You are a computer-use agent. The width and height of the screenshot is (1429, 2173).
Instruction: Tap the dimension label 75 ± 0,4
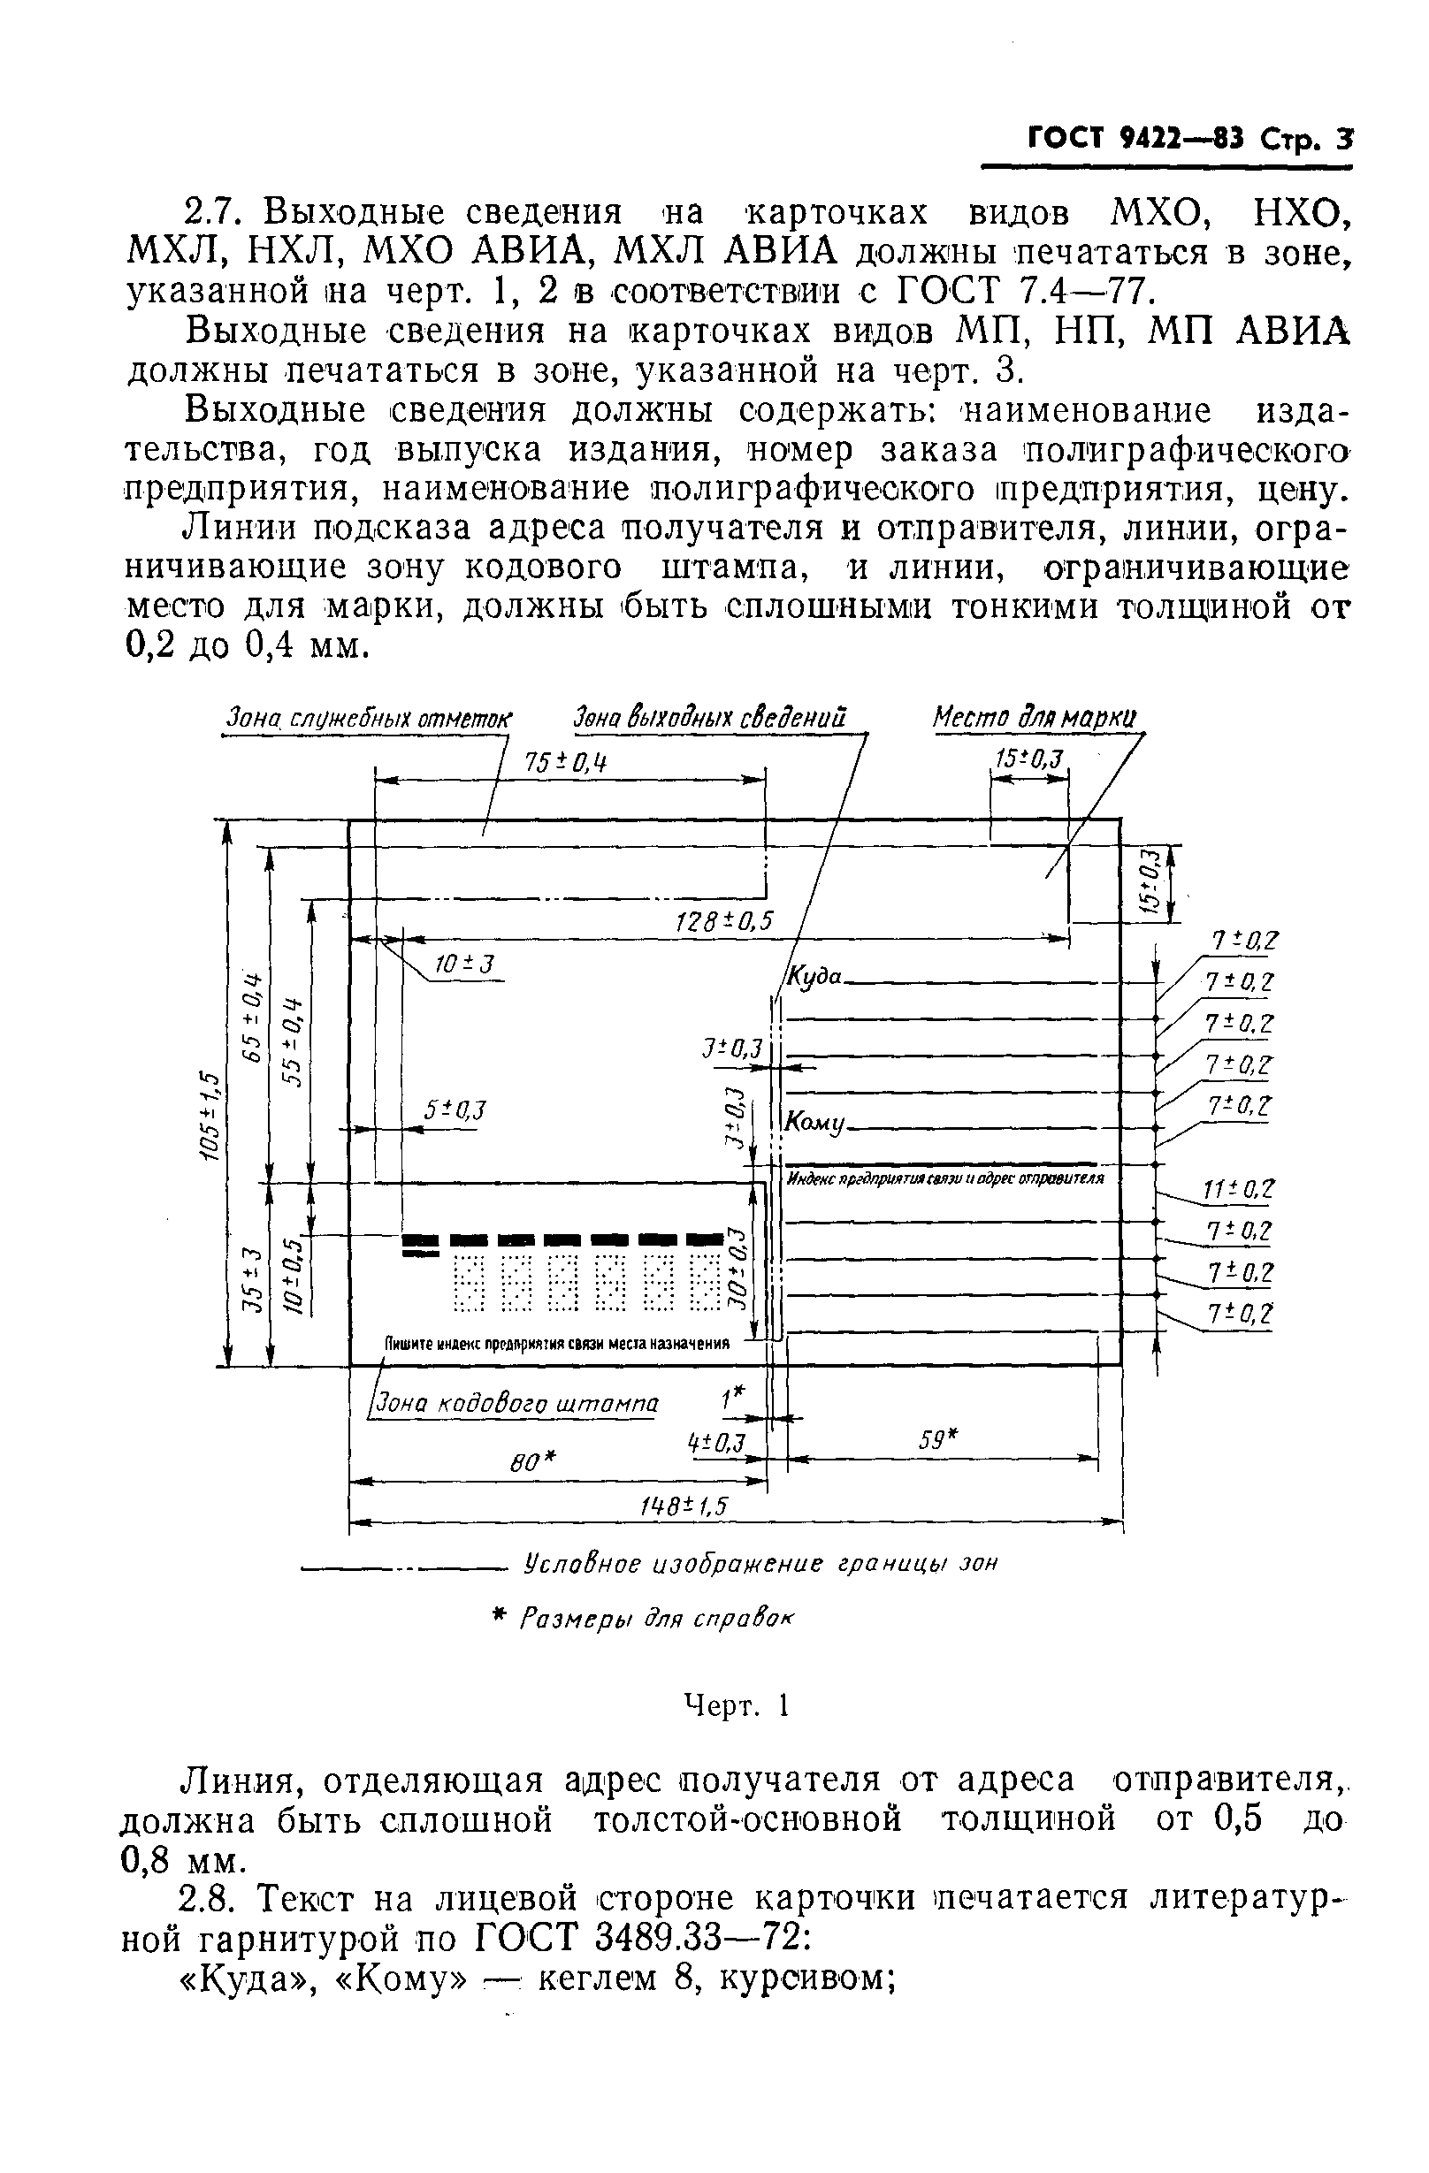point(566,761)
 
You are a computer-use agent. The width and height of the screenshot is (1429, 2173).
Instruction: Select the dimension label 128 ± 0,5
point(724,921)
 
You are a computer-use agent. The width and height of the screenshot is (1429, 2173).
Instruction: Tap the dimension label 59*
point(937,1440)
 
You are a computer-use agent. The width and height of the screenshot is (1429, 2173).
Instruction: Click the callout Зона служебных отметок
point(369,720)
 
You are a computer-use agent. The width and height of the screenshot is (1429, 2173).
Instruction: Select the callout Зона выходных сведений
point(709,718)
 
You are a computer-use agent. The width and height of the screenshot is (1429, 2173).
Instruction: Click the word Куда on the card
point(814,976)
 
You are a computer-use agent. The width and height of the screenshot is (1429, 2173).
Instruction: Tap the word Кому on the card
point(816,1122)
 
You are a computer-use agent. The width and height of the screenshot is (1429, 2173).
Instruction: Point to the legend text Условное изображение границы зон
point(760,1563)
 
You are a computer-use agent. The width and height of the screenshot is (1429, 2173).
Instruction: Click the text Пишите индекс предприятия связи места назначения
point(557,1343)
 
